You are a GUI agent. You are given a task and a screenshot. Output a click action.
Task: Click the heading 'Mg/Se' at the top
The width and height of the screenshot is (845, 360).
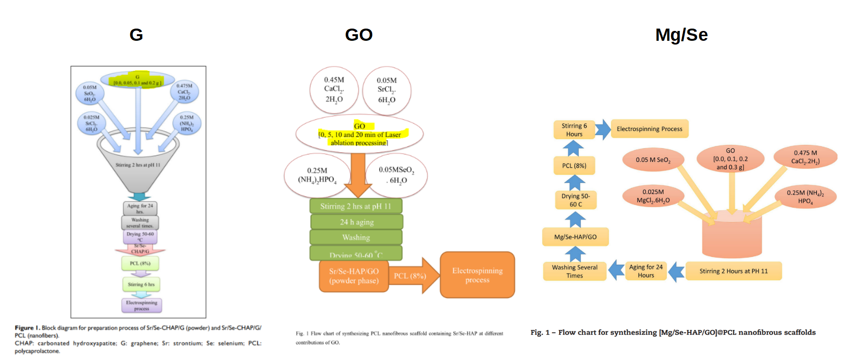click(681, 35)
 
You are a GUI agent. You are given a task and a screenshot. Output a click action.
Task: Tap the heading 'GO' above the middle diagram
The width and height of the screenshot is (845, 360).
click(359, 35)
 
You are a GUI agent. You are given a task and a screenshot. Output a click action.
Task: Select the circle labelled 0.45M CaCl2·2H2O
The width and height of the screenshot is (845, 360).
click(334, 90)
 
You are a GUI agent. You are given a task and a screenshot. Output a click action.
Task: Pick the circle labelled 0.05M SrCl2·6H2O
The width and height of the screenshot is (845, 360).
click(387, 90)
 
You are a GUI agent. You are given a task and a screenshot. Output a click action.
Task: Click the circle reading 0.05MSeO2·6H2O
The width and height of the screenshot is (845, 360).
click(396, 175)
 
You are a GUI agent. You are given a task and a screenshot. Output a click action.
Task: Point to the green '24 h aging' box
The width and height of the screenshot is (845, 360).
click(356, 222)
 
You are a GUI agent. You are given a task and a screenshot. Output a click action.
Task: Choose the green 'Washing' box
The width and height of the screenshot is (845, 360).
click(356, 237)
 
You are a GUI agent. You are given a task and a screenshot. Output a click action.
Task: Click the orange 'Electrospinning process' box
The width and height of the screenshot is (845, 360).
click(477, 275)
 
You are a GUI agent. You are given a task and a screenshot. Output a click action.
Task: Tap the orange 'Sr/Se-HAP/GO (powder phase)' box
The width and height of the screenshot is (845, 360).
click(354, 276)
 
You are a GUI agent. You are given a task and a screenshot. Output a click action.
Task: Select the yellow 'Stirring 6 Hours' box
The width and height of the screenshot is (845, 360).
click(574, 130)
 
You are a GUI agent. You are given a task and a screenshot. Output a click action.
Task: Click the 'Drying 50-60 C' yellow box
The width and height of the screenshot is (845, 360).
click(576, 200)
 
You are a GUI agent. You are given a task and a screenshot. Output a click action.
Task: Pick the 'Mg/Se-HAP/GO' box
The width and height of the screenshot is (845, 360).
click(576, 237)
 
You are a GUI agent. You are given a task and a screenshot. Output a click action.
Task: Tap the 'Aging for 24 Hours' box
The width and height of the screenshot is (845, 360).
click(646, 271)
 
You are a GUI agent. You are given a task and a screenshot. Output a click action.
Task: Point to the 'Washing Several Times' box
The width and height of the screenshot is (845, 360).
click(575, 271)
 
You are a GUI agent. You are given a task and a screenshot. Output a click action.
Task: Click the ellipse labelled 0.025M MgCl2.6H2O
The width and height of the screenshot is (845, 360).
click(653, 196)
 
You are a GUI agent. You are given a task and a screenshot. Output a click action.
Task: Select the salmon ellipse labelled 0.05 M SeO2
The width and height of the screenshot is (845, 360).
click(653, 160)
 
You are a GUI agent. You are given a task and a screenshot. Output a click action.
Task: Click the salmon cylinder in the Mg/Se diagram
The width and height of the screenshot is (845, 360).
click(732, 237)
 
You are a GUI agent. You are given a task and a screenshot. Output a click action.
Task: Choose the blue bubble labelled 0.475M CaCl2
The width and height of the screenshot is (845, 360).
click(184, 92)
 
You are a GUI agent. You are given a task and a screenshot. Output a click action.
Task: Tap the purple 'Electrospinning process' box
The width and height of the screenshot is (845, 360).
click(142, 306)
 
